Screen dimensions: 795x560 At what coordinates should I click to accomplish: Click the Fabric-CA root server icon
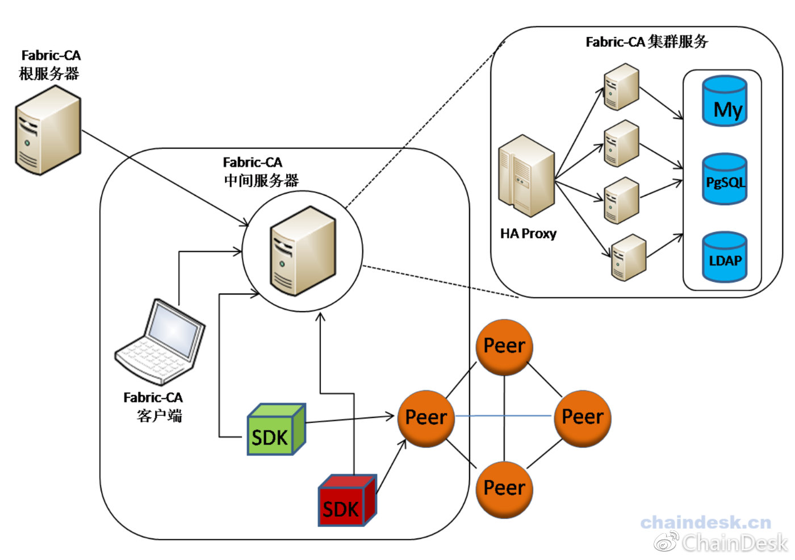coord(48,130)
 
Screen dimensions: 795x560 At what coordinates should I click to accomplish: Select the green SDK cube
coord(276,429)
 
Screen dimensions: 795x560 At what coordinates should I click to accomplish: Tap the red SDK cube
coord(347,500)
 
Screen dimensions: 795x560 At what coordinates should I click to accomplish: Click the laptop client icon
coord(160,342)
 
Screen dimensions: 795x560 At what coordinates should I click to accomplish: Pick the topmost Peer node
coord(504,347)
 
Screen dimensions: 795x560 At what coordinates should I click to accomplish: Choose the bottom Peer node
coord(504,490)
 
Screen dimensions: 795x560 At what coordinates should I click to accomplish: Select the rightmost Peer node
coord(583,418)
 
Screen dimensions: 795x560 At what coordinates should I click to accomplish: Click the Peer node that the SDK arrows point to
coord(426,418)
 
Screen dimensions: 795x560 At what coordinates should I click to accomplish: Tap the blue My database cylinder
coord(725,101)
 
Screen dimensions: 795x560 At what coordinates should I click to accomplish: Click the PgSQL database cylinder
coord(725,179)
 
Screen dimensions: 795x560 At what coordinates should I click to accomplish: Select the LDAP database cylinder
coord(725,257)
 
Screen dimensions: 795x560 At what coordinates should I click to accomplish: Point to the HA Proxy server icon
coord(526,176)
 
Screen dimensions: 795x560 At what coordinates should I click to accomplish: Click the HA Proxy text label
coord(528,234)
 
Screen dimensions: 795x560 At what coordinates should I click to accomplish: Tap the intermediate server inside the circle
coord(303,251)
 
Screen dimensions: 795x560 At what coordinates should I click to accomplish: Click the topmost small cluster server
coord(621,86)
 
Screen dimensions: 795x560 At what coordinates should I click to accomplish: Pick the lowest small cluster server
coord(629,257)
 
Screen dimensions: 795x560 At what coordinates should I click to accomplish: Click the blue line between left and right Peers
coord(504,416)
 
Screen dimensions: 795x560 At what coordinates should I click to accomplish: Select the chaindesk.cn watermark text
coord(705,522)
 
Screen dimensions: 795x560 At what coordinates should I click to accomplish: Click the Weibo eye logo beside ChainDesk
coord(666,541)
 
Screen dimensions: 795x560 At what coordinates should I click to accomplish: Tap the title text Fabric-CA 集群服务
coord(647,42)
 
